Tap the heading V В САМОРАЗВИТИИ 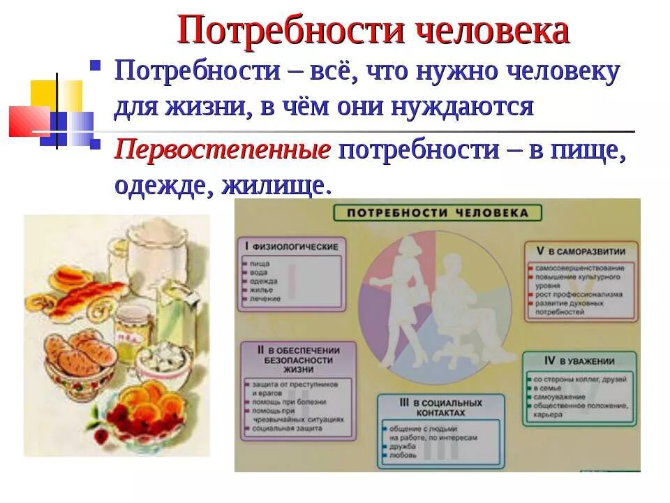(x=580, y=251)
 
